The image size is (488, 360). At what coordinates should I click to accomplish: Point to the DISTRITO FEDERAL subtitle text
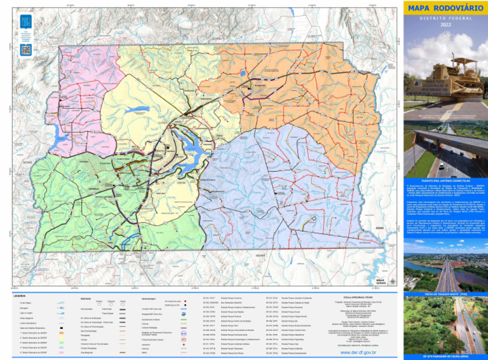click(444, 17)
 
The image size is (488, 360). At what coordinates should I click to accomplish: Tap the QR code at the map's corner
click(25, 49)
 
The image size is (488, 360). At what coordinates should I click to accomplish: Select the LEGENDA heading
click(19, 296)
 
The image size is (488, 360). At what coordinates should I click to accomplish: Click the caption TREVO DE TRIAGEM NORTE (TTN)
click(444, 294)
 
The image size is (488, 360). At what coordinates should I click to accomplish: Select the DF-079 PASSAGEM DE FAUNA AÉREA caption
click(444, 357)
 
